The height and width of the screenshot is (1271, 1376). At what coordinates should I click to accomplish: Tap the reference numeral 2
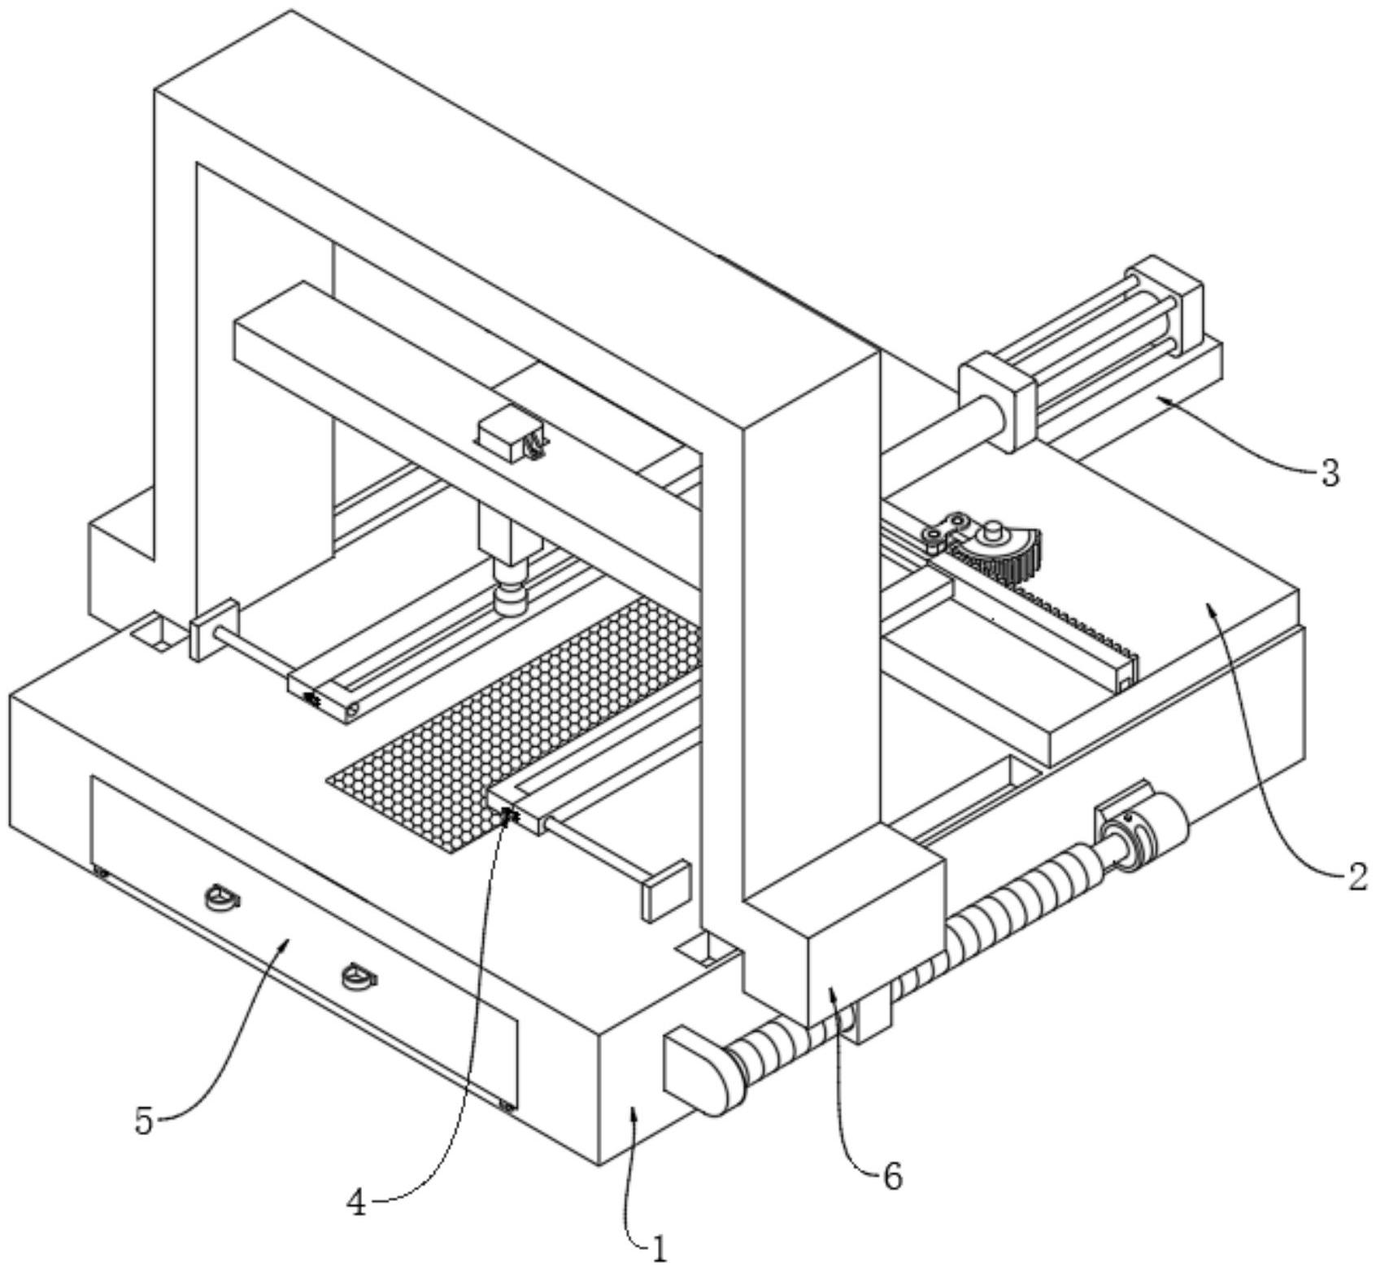[1355, 878]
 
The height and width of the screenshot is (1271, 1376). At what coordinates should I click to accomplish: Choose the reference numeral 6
[892, 1176]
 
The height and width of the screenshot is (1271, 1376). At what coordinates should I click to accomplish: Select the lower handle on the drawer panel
[359, 975]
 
